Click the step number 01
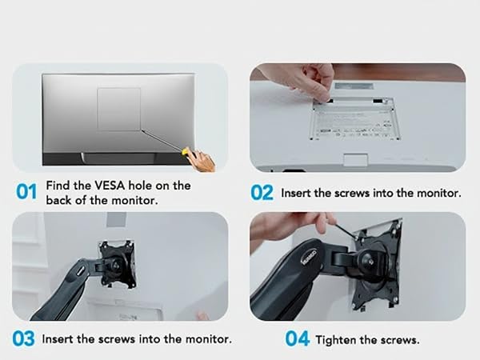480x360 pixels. coord(26,192)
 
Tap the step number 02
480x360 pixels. coord(262,193)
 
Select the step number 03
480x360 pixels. coord(23,338)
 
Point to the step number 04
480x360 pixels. coord(297,338)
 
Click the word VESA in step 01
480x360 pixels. coord(110,186)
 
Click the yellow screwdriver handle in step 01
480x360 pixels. coord(185,151)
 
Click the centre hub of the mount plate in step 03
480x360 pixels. coord(117,265)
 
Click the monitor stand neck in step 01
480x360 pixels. coord(119,158)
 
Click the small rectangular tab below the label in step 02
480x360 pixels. coord(356,161)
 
